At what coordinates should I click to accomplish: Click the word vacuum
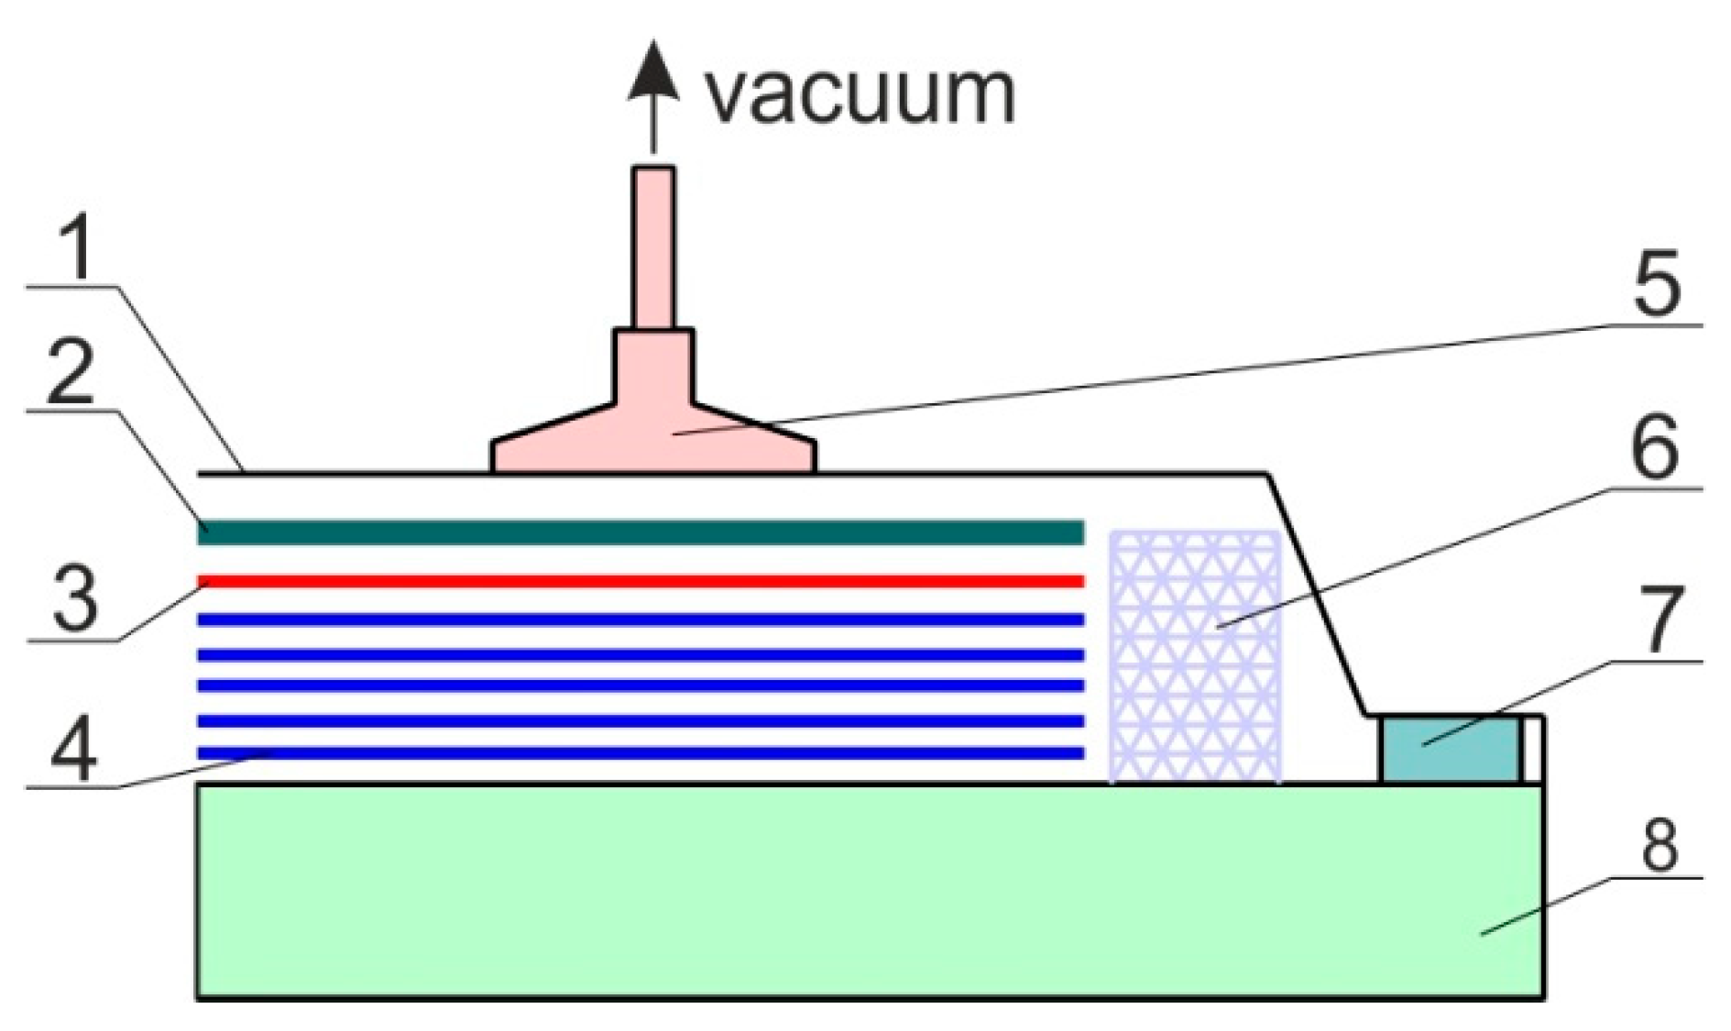click(860, 94)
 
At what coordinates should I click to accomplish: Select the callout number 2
click(71, 372)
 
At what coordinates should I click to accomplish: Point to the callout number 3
click(75, 598)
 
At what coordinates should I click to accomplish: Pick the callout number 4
click(73, 747)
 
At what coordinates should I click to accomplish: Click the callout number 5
click(1657, 285)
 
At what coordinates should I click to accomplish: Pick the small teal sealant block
click(1449, 750)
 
